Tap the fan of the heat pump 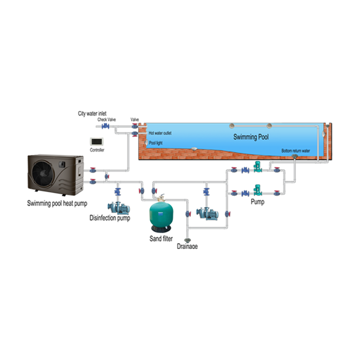[x=43, y=173]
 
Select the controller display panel [x=96, y=141]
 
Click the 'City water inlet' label [x=92, y=113]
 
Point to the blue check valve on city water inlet [x=105, y=126]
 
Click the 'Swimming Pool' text [x=251, y=137]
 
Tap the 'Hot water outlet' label [x=160, y=133]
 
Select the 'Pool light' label [x=155, y=143]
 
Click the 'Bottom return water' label [x=295, y=151]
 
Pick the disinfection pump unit [x=118, y=208]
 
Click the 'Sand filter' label [x=161, y=238]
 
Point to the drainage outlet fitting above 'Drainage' [x=187, y=240]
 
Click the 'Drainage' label [x=187, y=246]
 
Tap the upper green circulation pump [x=257, y=166]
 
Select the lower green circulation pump [x=257, y=190]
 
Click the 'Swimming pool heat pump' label [x=57, y=203]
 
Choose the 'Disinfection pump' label [x=109, y=218]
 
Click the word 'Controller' [x=97, y=150]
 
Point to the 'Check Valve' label [x=106, y=119]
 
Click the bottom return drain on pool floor [x=294, y=156]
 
